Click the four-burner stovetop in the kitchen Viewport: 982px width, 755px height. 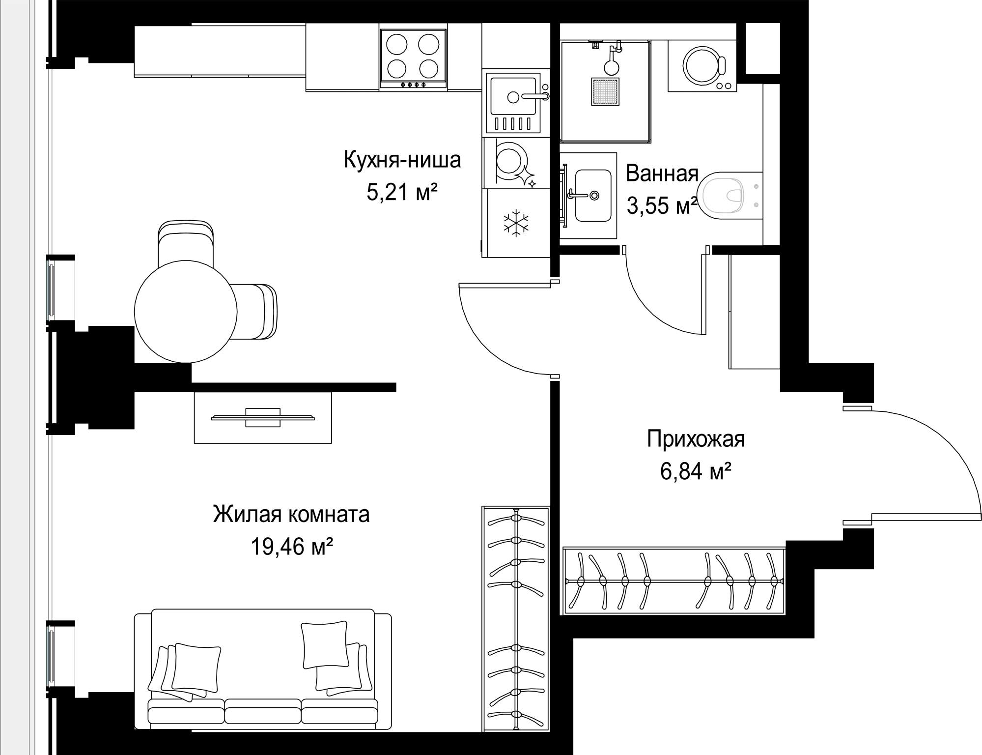[413, 58]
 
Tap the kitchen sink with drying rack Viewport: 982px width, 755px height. [513, 103]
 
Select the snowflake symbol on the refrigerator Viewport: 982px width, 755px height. [516, 223]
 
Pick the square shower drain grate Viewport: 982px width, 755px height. [605, 91]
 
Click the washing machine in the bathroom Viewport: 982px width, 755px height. [702, 66]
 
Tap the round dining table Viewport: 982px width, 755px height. [186, 312]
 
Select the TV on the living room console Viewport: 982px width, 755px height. [263, 417]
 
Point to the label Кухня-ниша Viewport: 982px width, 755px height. [402, 160]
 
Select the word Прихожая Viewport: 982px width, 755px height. [696, 439]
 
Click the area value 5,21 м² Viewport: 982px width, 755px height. [402, 192]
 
